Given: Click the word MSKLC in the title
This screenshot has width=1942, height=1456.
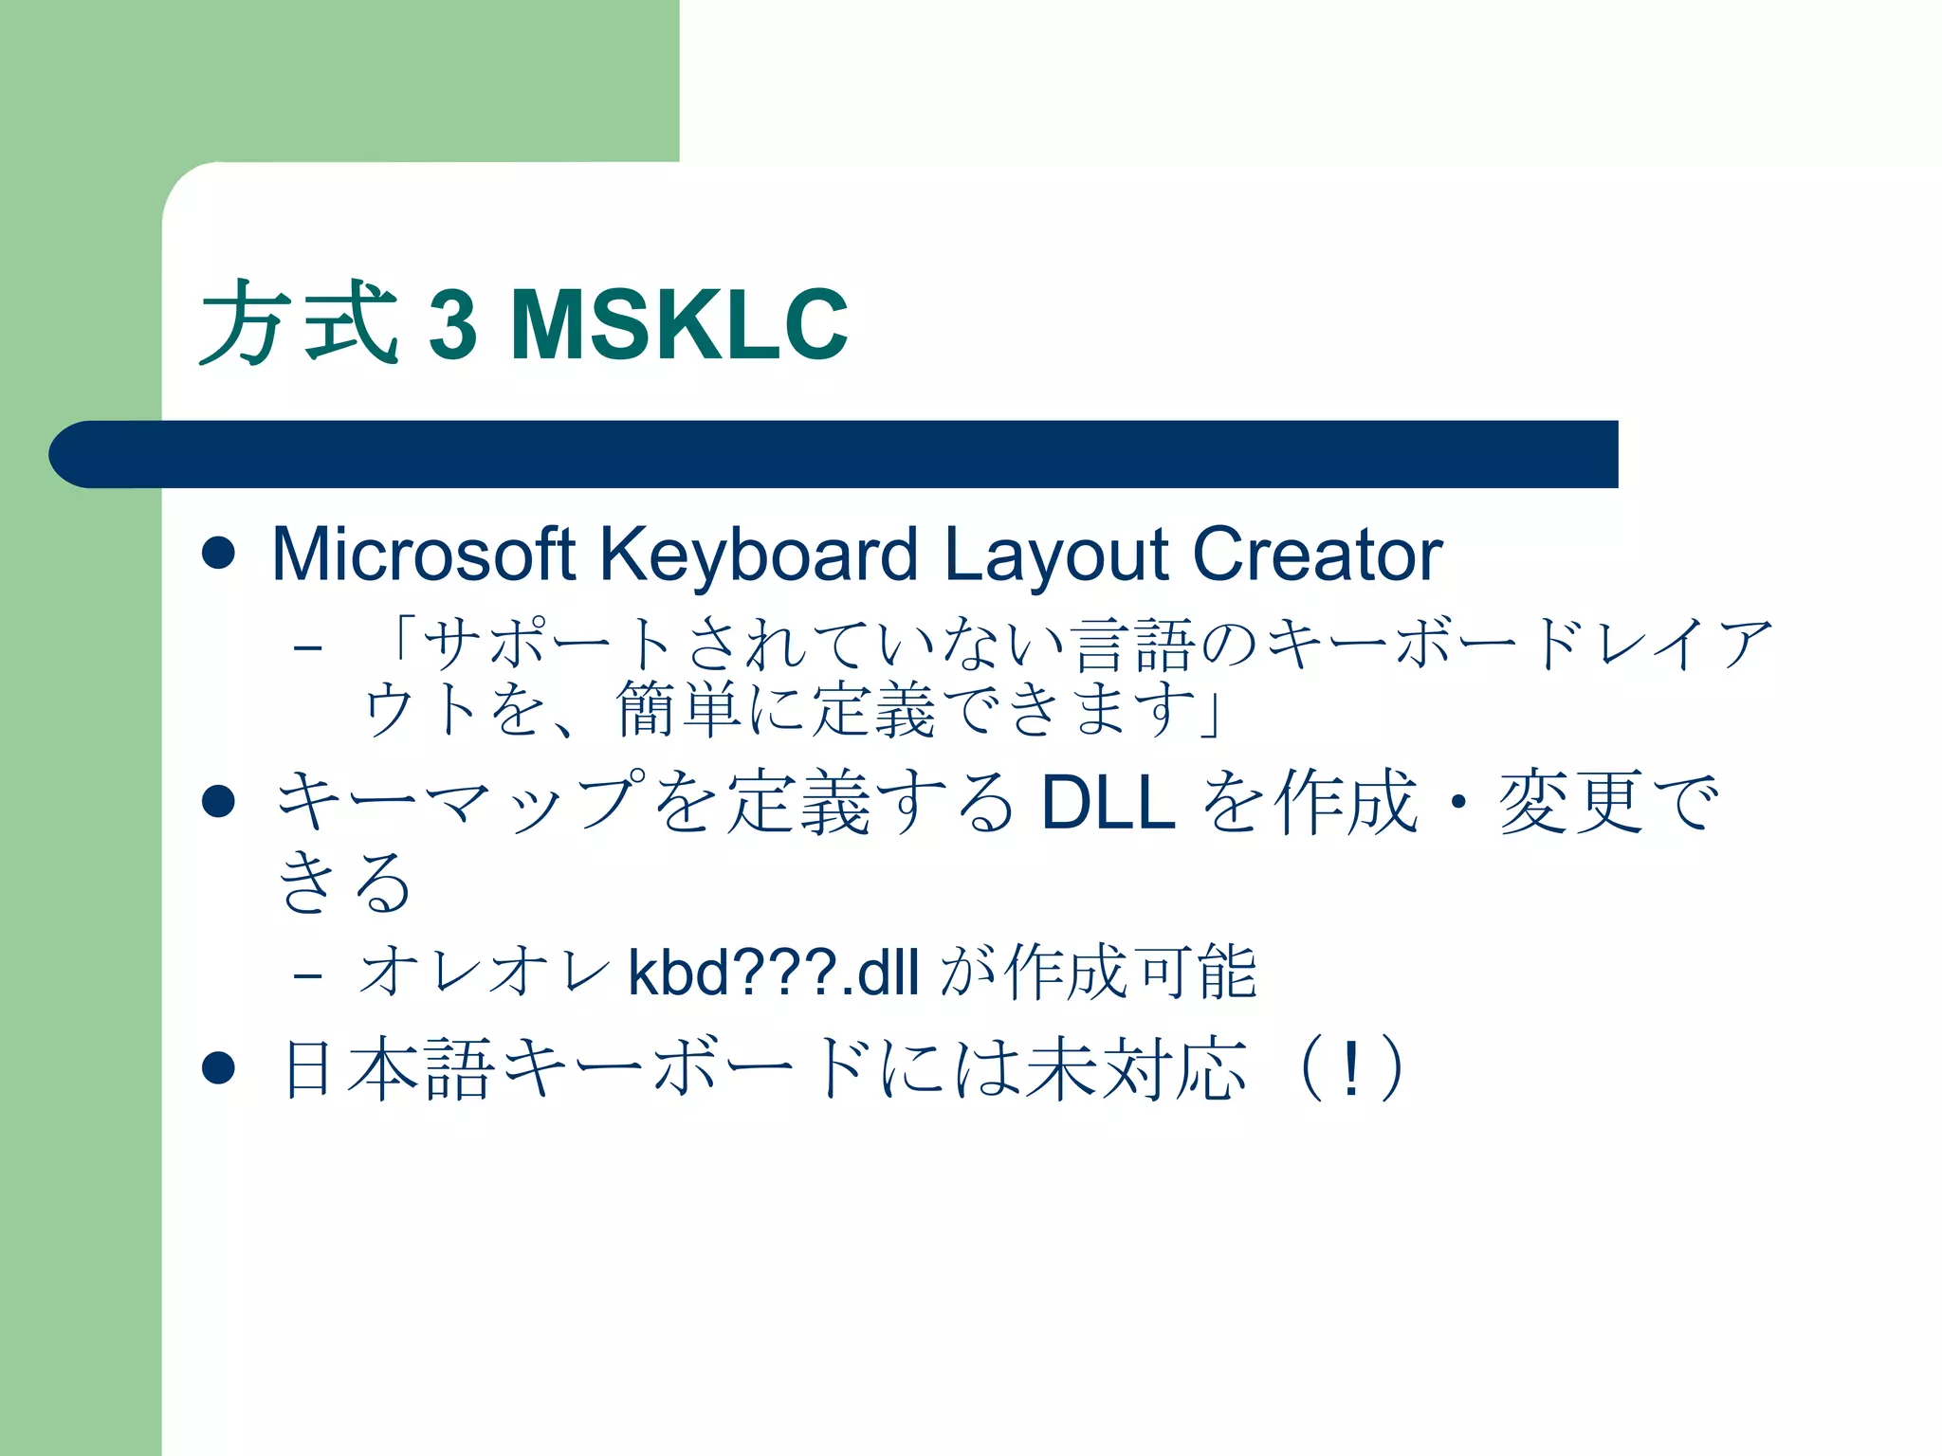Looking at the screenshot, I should tap(679, 325).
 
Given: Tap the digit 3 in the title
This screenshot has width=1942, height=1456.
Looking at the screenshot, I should tap(452, 325).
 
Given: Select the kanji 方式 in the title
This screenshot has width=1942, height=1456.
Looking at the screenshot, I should tap(299, 323).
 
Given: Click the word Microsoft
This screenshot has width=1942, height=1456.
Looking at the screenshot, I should tap(423, 555).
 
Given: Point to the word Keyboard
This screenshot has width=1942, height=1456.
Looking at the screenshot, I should tap(759, 555).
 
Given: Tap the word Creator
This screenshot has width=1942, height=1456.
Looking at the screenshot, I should tap(1317, 555).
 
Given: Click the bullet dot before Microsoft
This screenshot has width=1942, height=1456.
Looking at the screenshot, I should tap(218, 554).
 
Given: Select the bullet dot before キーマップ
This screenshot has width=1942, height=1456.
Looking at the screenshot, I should tap(218, 802).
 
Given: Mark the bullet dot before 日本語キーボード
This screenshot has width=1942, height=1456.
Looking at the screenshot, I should tap(218, 1068).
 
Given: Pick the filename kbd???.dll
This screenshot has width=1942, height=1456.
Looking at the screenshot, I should tap(774, 973).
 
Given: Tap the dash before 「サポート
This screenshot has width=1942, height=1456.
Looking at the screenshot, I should tap(308, 648).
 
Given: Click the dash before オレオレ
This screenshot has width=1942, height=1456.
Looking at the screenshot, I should tap(308, 974).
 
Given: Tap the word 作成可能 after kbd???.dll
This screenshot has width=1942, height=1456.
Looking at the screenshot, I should tap(1130, 973).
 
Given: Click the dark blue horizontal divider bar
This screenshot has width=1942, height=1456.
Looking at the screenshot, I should tap(834, 454).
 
